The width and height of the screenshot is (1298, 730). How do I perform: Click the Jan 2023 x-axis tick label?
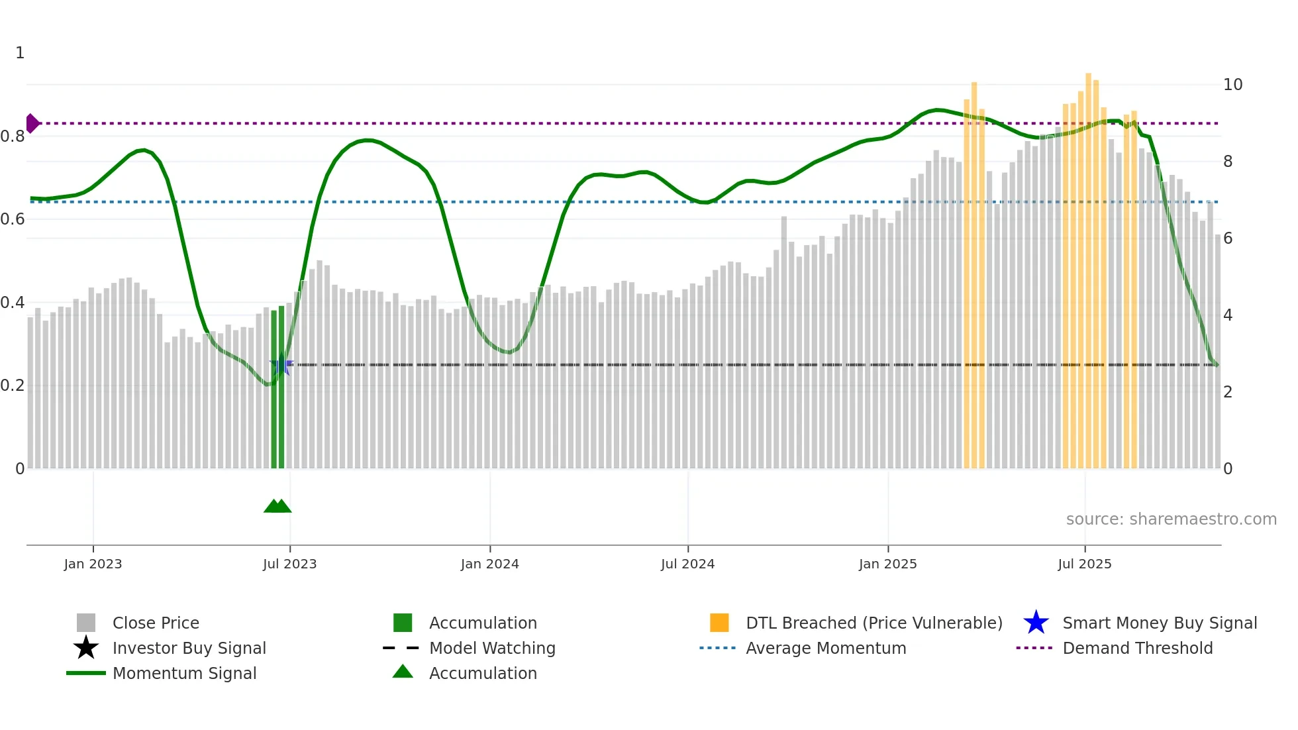point(93,564)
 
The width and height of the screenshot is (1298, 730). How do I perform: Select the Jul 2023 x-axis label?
point(289,564)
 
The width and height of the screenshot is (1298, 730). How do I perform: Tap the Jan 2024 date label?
point(489,564)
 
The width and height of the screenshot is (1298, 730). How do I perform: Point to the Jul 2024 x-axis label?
point(687,564)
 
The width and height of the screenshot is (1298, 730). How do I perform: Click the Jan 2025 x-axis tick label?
point(887,564)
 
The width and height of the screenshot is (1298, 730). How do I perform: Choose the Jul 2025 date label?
point(1084,564)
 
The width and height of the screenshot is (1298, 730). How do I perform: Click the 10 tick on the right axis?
point(1232,85)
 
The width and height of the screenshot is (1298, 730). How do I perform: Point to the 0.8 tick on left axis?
point(13,136)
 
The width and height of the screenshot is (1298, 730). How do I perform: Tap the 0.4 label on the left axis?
point(13,303)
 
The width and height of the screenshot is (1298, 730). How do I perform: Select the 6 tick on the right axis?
point(1228,238)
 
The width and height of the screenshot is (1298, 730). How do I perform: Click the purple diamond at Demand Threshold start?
point(32,123)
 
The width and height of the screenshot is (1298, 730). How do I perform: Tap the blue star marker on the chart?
point(281,364)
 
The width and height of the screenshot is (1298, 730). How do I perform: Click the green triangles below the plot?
point(277,506)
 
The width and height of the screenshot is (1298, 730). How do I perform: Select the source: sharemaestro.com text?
point(1171,519)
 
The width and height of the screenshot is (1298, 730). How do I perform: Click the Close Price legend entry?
point(156,623)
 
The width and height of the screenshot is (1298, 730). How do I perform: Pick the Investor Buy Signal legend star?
point(86,648)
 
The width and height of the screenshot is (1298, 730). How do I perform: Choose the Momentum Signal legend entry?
point(184,673)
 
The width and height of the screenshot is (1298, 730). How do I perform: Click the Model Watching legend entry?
point(491,648)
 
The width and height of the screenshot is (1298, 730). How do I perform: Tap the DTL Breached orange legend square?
point(719,623)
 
